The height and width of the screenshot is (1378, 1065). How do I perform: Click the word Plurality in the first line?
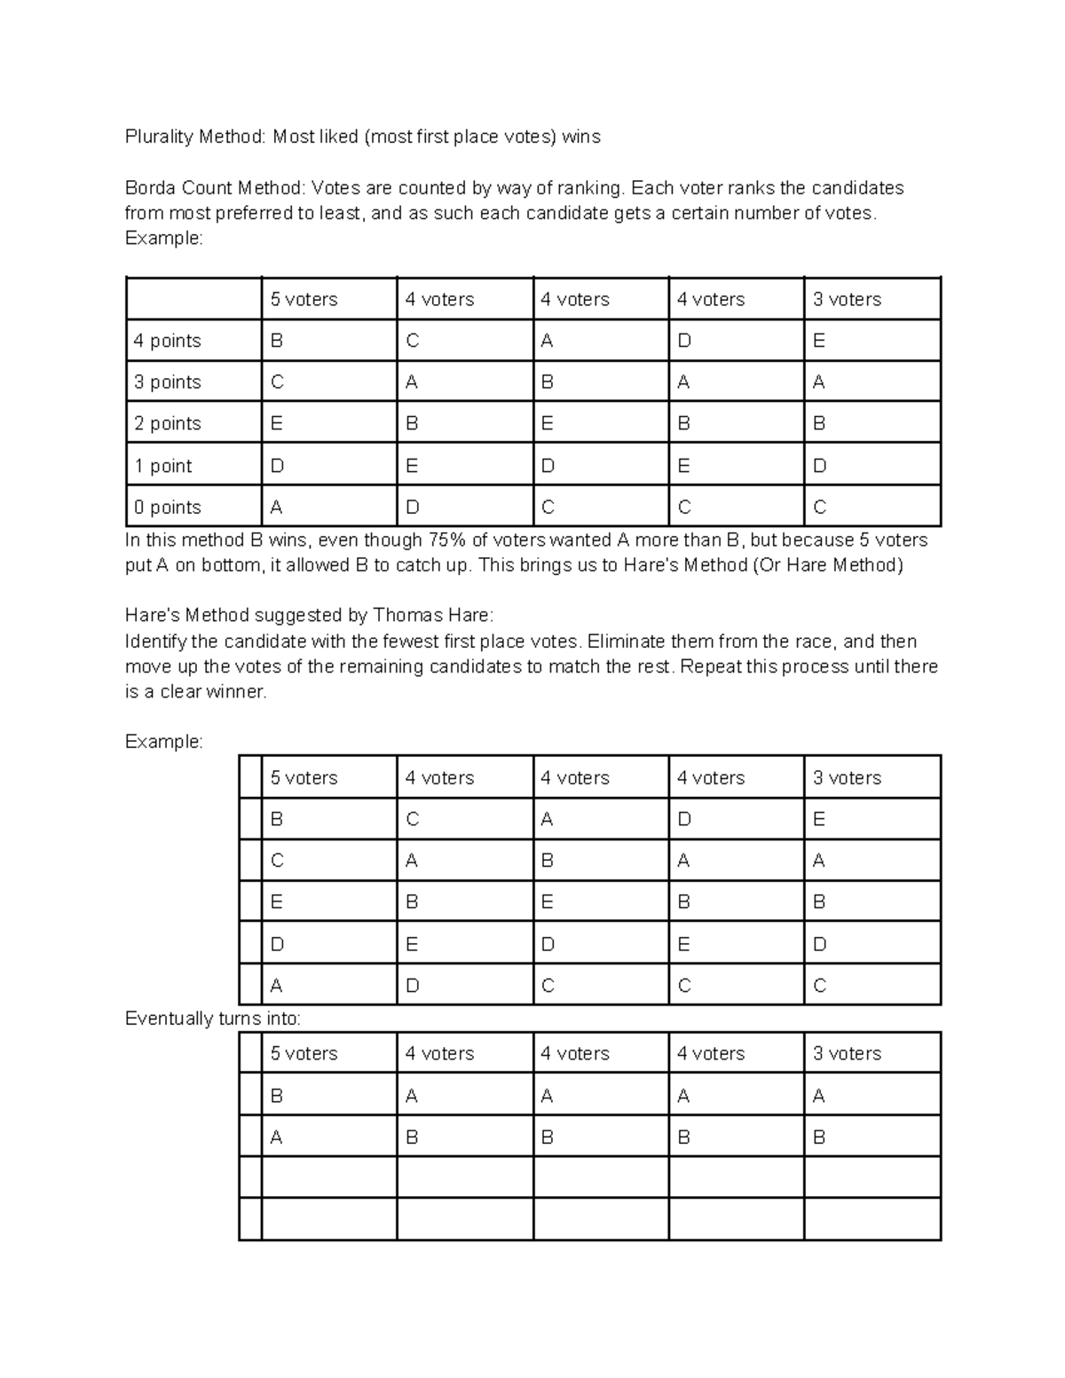[x=159, y=137]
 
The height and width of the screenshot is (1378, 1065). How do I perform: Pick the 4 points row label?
[x=168, y=341]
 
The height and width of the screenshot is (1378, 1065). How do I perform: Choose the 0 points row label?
[x=168, y=508]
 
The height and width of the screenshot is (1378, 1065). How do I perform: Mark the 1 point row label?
[x=163, y=466]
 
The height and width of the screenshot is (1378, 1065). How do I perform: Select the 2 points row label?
[x=168, y=424]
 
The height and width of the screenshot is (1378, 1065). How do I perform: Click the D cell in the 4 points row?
[x=684, y=341]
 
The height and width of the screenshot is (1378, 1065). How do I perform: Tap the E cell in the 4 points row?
[x=819, y=341]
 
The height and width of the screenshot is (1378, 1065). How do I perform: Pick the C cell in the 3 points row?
[x=277, y=382]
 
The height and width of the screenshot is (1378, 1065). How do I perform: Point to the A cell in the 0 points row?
[x=276, y=508]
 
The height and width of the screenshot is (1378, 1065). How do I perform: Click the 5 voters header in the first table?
[x=304, y=300]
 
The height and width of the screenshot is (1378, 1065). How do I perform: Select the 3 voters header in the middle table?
[x=847, y=778]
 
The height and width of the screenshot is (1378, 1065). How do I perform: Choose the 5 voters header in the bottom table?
[x=304, y=1054]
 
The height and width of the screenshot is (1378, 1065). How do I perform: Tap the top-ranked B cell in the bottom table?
[x=276, y=1097]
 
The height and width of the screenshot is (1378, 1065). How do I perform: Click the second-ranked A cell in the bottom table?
[x=276, y=1138]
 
